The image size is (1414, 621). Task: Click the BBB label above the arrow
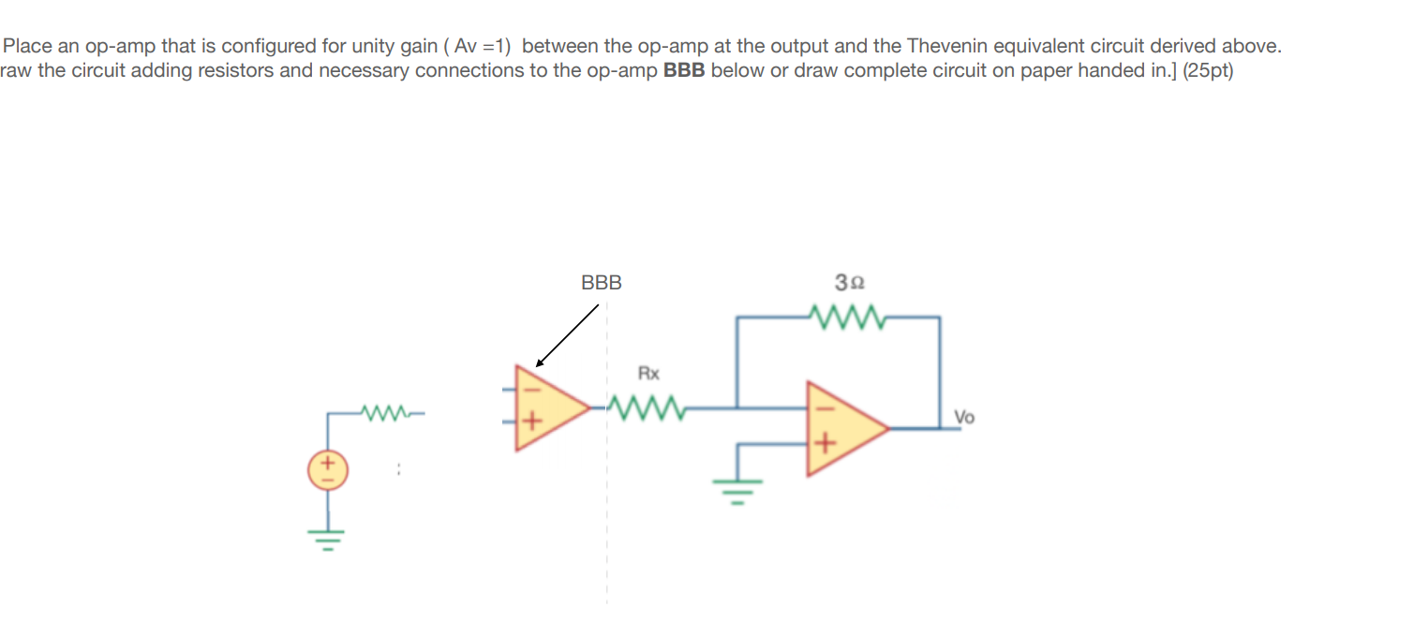coord(601,282)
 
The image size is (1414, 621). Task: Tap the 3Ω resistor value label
coord(850,282)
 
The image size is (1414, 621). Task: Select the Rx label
coord(648,374)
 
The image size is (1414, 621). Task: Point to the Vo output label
coord(964,416)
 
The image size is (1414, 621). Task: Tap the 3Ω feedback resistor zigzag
coord(851,318)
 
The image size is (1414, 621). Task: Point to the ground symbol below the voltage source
coord(328,539)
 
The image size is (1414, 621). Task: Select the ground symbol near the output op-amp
coord(737,490)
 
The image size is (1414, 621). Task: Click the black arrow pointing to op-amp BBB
coord(567,335)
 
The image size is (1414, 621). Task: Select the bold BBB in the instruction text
coord(684,71)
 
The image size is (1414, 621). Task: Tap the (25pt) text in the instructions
coord(1208,71)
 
